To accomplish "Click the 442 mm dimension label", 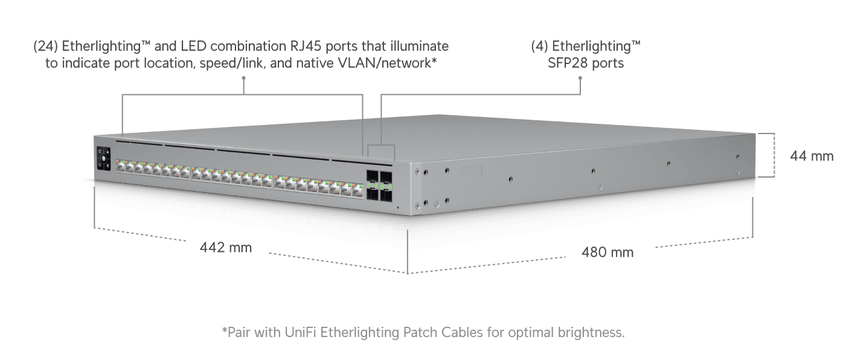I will tap(226, 248).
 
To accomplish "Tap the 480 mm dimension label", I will tap(607, 252).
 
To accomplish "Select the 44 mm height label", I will tap(812, 156).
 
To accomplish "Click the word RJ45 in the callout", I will tap(316, 47).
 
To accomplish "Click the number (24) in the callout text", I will tap(45, 47).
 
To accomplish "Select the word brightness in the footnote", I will tap(586, 332).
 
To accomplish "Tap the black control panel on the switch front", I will tap(103, 159).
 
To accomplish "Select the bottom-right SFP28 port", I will tap(385, 194).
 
